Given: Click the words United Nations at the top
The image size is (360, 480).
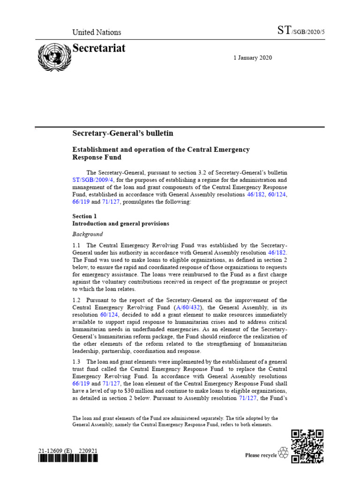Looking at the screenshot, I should pyautogui.click(x=97, y=32).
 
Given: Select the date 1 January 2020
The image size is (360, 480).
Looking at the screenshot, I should pyautogui.click(x=253, y=58).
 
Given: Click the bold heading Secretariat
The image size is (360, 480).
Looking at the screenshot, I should pyautogui.click(x=99, y=48).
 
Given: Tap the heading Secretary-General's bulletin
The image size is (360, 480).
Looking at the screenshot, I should pyautogui.click(x=123, y=134).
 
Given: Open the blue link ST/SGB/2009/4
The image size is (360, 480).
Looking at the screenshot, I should pyautogui.click(x=93, y=180).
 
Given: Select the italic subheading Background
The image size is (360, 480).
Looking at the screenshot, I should pyautogui.click(x=88, y=234).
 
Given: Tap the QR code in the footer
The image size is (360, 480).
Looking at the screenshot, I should pyautogui.click(x=307, y=446).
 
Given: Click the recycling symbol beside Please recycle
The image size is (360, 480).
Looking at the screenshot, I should pyautogui.click(x=284, y=453).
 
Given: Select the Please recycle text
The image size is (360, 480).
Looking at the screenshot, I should pyautogui.click(x=261, y=455).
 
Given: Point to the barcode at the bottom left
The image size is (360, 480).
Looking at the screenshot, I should pyautogui.click(x=68, y=459).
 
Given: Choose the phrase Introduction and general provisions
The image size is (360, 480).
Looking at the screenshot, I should pyautogui.click(x=120, y=224).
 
